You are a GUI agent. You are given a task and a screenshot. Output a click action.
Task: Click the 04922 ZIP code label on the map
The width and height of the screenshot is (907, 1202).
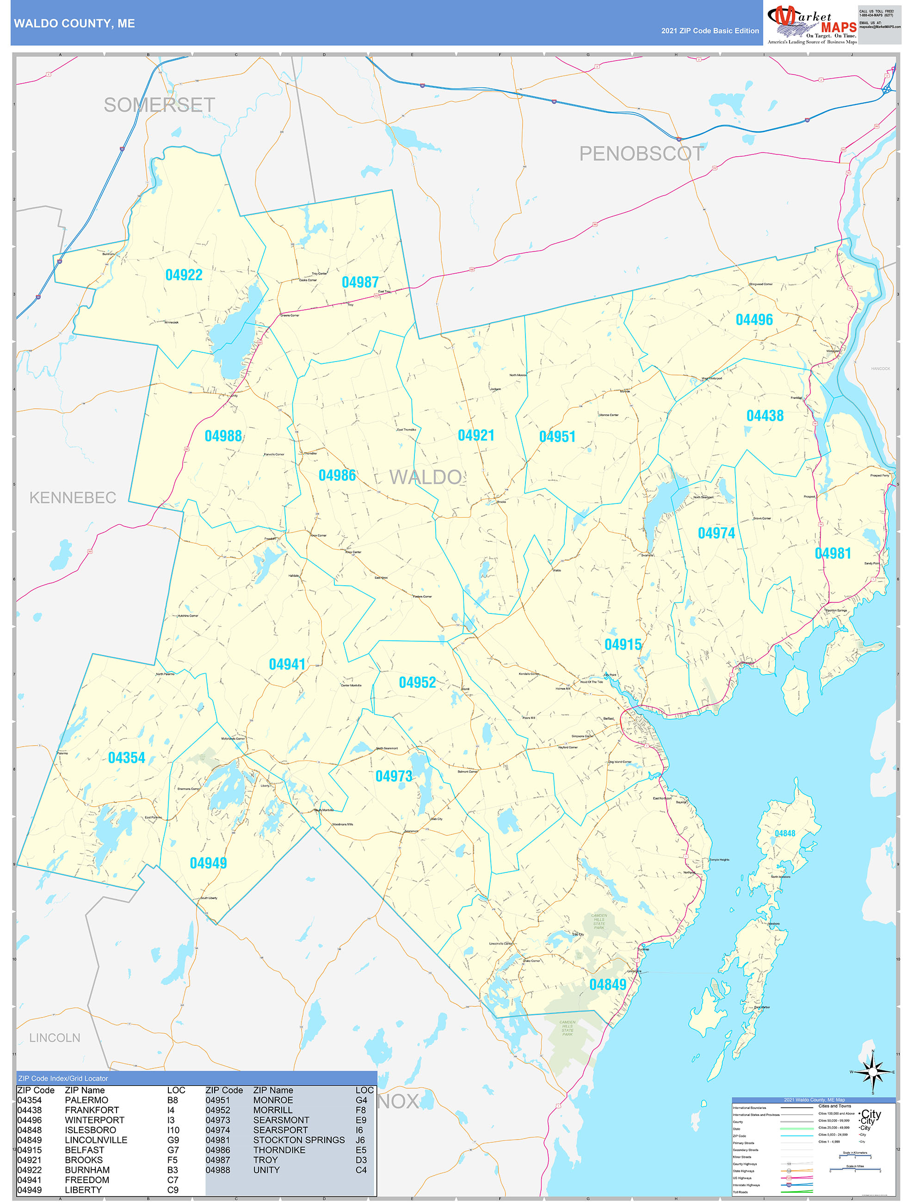[x=184, y=275]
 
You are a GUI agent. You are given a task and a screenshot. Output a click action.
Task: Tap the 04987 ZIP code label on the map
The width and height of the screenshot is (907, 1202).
[x=360, y=282]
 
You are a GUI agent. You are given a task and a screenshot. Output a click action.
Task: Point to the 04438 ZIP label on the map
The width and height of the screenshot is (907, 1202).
[x=765, y=416]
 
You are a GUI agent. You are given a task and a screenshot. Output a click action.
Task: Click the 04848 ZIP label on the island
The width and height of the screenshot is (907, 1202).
[x=784, y=833]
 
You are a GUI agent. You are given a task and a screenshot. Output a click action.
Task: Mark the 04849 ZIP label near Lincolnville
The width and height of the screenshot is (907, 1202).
[x=607, y=985]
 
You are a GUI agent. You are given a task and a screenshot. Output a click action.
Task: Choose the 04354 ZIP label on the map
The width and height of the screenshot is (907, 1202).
[x=127, y=758]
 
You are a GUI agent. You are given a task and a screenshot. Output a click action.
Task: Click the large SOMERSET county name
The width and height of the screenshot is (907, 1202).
[x=159, y=105]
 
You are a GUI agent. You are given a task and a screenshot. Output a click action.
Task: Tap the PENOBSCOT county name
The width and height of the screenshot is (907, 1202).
[x=641, y=154]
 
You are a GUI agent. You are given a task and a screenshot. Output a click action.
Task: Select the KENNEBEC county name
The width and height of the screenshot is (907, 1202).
[x=73, y=498]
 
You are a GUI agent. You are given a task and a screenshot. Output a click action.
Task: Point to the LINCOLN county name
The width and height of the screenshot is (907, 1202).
[x=55, y=1038]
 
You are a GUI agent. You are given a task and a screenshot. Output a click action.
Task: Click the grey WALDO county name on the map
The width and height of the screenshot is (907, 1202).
[x=425, y=477]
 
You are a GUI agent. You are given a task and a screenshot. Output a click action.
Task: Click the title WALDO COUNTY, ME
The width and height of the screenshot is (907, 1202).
[x=74, y=24]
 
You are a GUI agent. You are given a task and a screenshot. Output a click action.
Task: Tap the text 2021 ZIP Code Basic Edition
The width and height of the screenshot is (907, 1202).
[x=710, y=31]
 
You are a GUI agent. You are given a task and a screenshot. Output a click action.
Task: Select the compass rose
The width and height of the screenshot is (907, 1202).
[x=872, y=1072]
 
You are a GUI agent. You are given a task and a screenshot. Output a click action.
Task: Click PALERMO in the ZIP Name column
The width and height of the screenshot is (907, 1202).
[x=86, y=1100]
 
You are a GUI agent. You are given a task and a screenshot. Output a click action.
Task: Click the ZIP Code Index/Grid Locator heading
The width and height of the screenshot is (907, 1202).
[x=63, y=1079]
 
